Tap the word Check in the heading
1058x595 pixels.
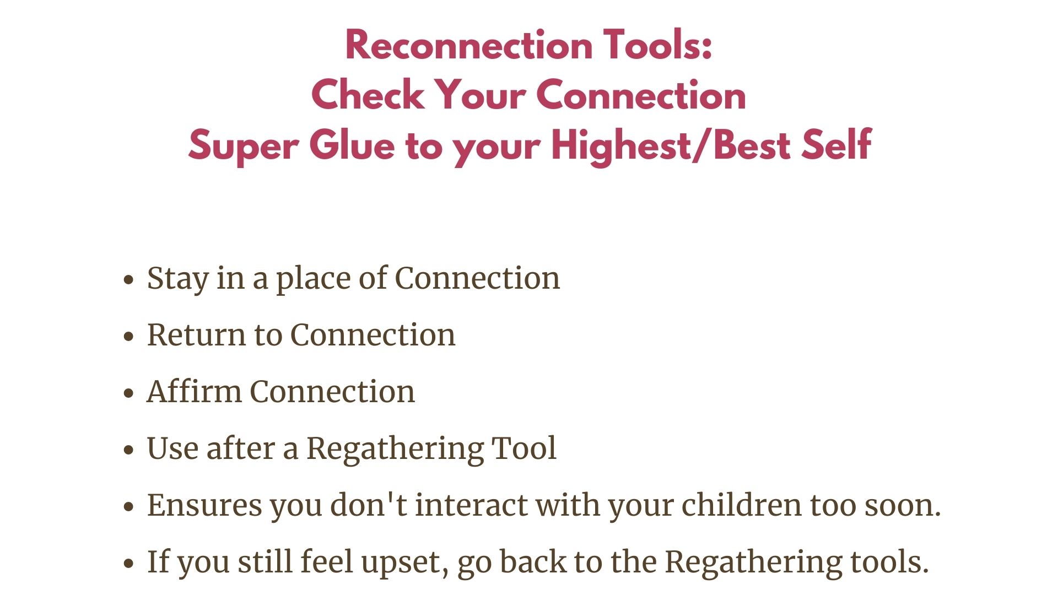point(368,95)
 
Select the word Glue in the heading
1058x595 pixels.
point(352,145)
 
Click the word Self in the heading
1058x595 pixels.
point(836,144)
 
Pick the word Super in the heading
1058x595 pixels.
point(244,147)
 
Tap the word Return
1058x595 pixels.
point(196,335)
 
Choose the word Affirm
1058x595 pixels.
point(194,391)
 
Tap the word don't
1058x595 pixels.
point(368,505)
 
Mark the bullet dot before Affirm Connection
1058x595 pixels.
point(129,393)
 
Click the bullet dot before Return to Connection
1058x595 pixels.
point(129,336)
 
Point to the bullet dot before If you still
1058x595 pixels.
point(129,563)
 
